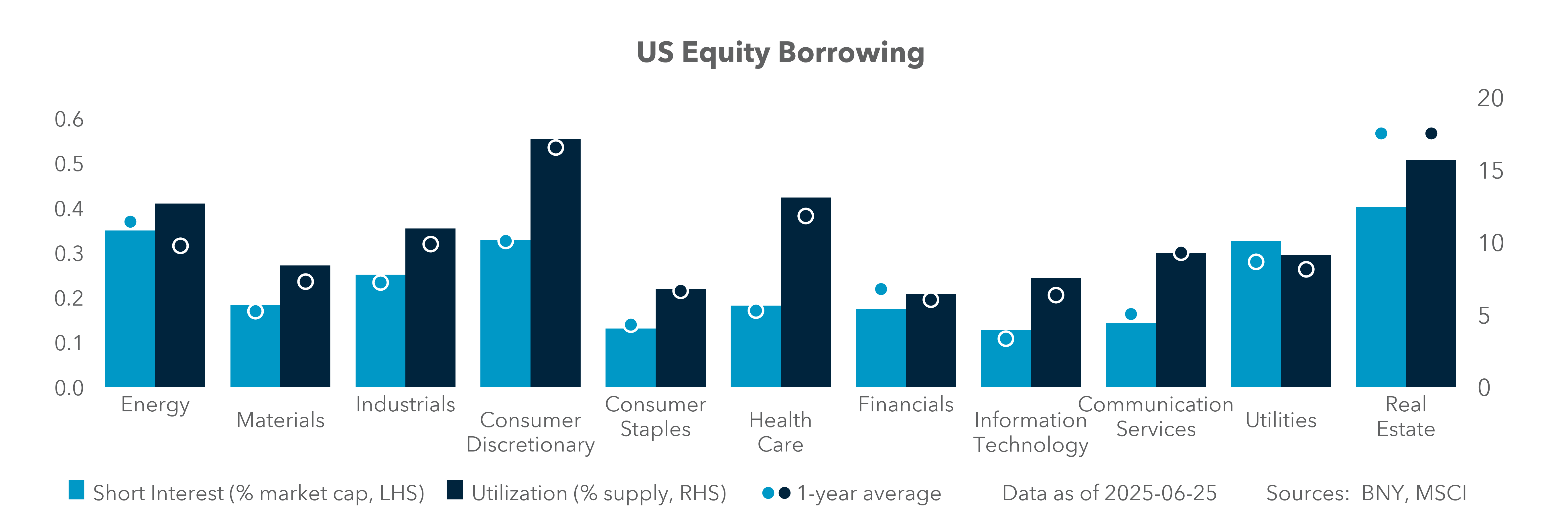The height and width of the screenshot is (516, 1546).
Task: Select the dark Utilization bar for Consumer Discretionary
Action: point(555,264)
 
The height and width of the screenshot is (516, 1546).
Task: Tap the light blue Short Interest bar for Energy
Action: point(130,309)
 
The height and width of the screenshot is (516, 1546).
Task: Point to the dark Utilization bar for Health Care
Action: point(805,294)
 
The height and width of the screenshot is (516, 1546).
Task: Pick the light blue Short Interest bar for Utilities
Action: point(1255,315)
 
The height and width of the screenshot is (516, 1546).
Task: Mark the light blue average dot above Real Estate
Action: point(1381,133)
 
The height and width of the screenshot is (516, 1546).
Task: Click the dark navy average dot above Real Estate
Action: point(1431,133)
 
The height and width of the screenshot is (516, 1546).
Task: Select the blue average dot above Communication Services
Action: point(1131,314)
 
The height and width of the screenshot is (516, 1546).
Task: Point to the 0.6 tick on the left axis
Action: point(69,120)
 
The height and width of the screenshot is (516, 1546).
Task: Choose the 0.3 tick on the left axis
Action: point(69,254)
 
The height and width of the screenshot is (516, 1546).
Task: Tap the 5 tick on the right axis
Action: point(1484,316)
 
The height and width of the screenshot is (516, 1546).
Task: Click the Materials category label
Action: point(280,420)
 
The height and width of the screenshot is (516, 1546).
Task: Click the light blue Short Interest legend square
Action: point(76,490)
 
